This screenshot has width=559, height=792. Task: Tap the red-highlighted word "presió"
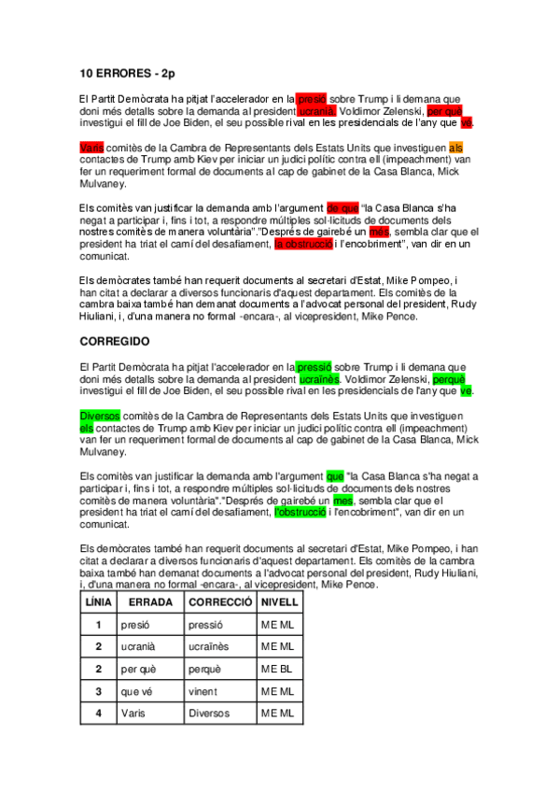coord(312,98)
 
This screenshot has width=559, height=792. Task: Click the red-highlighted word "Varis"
coord(91,148)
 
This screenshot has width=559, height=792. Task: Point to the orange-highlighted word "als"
coord(455,148)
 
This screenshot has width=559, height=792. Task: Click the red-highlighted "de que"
coord(342,208)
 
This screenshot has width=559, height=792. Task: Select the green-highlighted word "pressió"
coord(314,368)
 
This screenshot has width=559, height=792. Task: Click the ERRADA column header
coord(149,602)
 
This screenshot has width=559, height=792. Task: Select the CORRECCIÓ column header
coord(220,602)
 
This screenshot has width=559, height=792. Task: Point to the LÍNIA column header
coord(98,602)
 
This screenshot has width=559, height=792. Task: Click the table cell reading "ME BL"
coord(277,669)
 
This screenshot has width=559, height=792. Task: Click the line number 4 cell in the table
coord(98,714)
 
